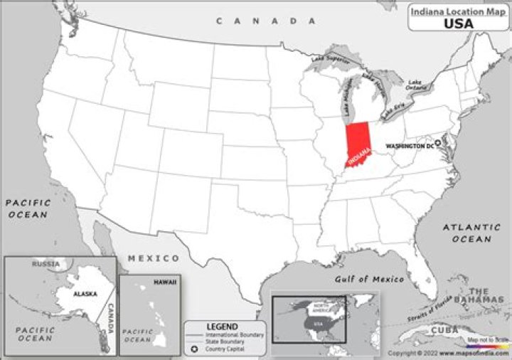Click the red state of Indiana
click(359, 142)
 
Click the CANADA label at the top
click(267, 21)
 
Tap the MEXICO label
click(154, 258)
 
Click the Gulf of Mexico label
click(369, 279)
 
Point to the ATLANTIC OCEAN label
click(466, 233)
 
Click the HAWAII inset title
click(165, 282)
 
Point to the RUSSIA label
click(46, 263)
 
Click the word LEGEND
click(222, 326)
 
